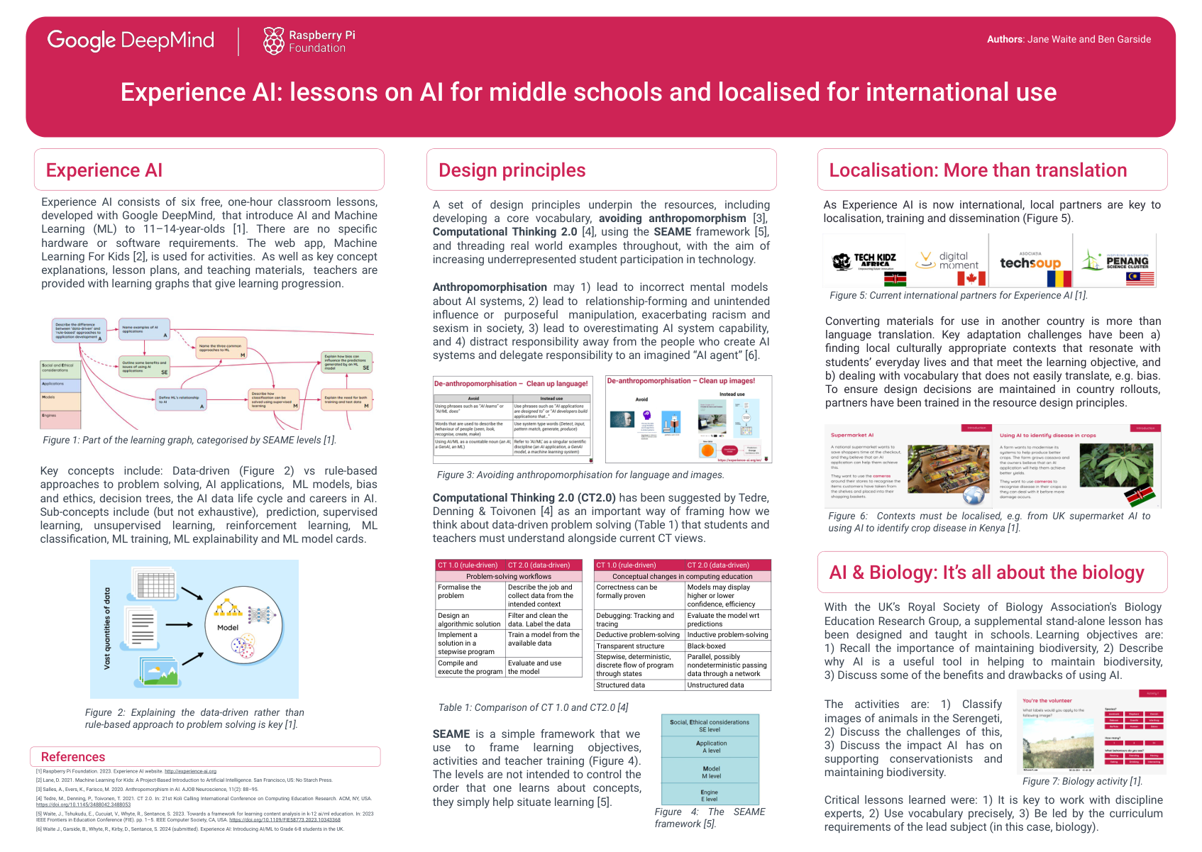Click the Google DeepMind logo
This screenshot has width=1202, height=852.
131,40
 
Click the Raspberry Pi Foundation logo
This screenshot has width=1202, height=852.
309,41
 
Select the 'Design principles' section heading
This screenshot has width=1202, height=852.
512,170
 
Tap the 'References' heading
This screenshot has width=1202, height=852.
73,757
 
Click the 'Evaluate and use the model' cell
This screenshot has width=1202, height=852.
543,668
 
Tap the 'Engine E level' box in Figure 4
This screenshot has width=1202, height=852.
710,795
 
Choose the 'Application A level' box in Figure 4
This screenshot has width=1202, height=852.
710,746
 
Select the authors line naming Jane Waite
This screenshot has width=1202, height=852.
1069,40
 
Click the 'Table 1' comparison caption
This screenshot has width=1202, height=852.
533,707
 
